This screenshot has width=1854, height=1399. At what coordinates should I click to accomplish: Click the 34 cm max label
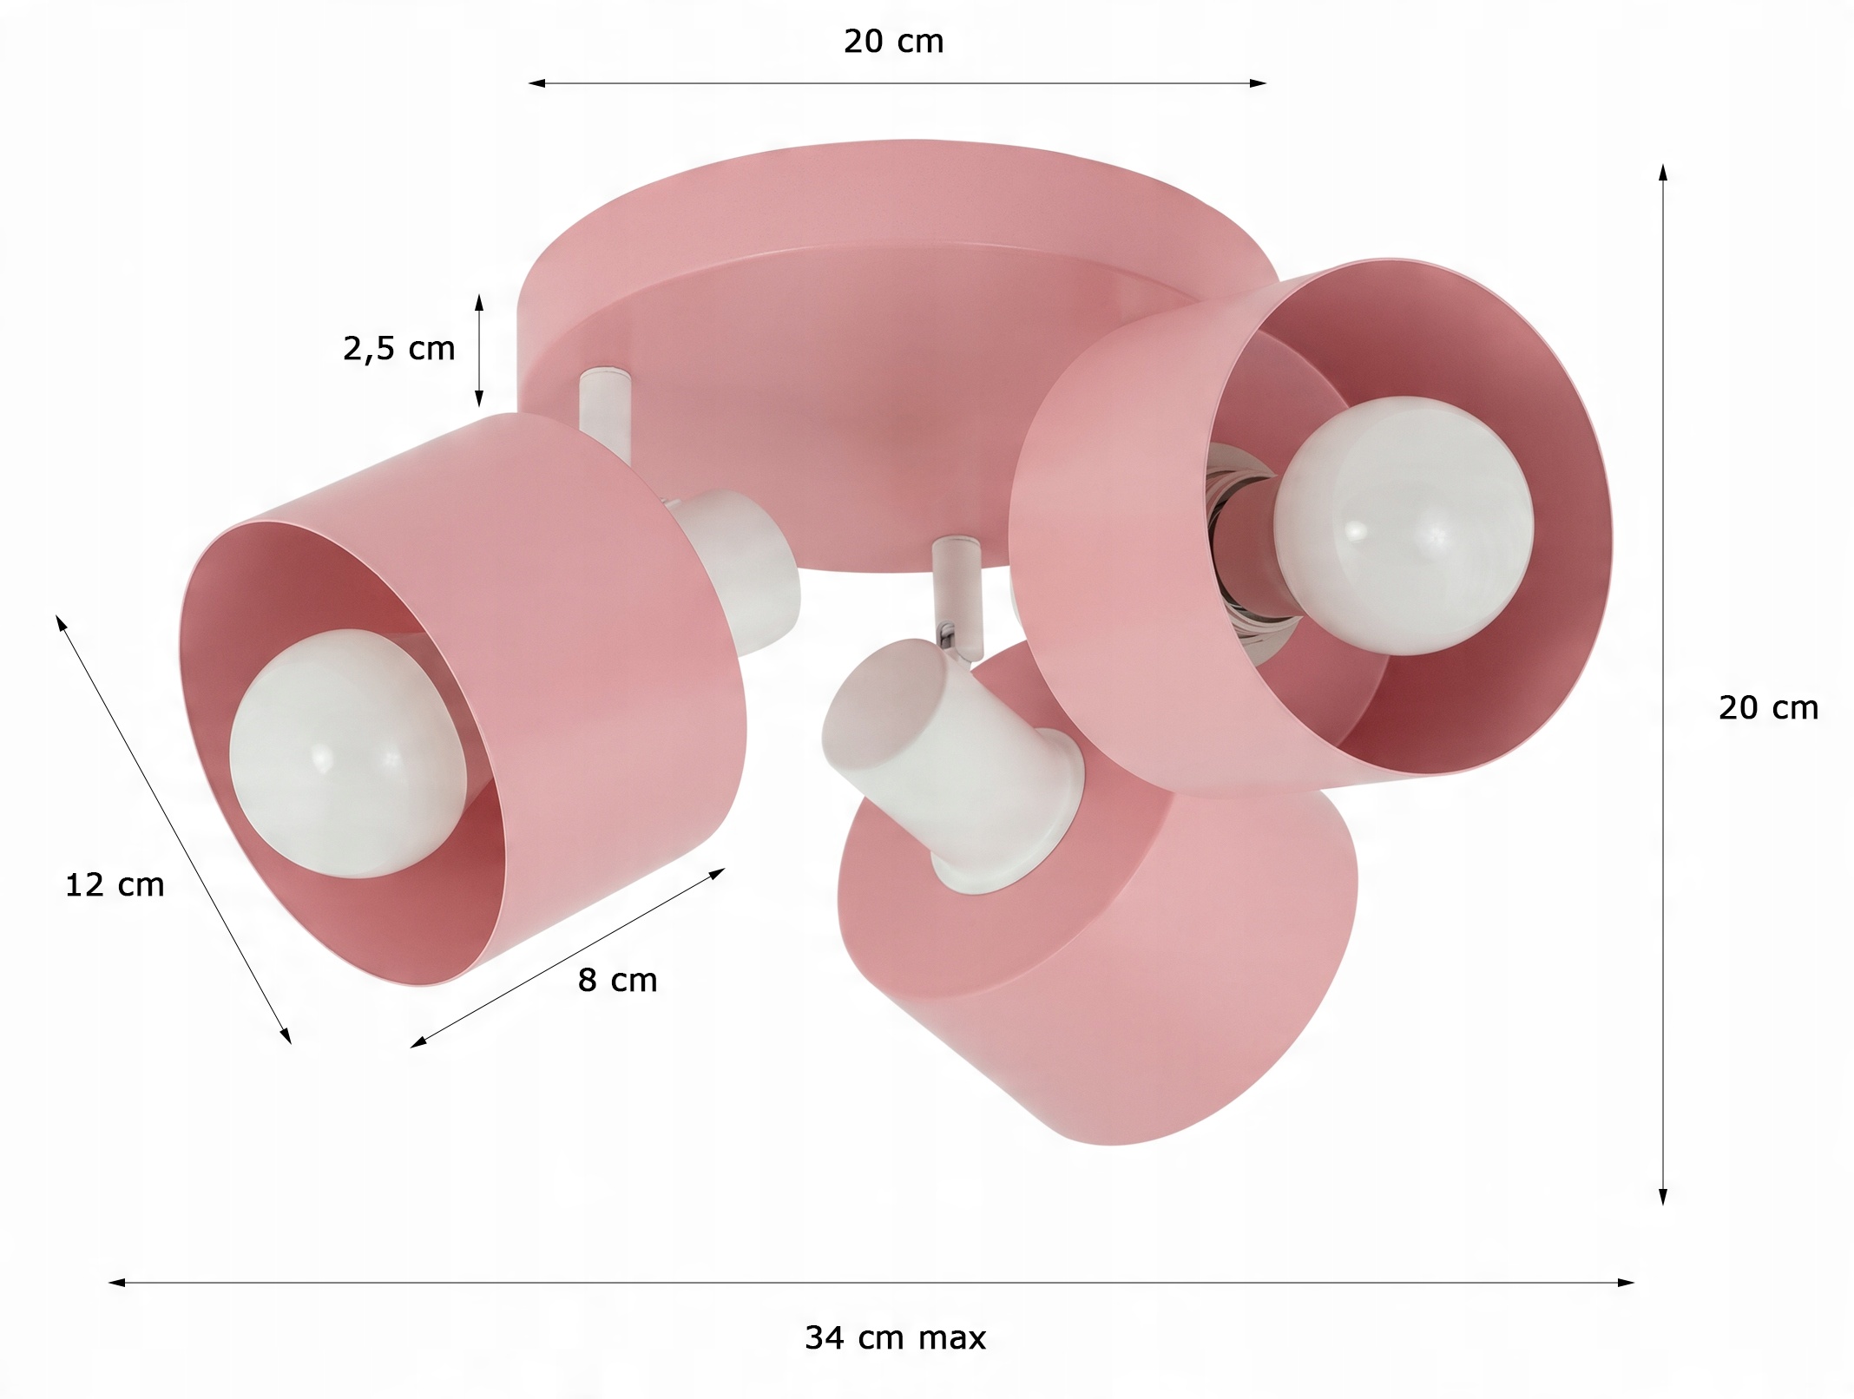coord(895,1337)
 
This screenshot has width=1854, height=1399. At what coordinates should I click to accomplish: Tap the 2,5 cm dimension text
coord(398,349)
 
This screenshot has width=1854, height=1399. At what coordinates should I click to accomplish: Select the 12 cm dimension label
coord(115,885)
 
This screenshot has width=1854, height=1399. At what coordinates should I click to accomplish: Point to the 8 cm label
coord(617,981)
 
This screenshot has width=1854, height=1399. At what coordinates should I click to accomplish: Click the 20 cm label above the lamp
coord(893,42)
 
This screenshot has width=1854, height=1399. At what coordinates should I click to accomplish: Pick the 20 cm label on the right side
coord(1768,708)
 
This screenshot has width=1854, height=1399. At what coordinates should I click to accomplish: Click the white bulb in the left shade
coord(347,753)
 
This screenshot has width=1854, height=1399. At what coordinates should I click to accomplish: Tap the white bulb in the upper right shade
coord(1404,525)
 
